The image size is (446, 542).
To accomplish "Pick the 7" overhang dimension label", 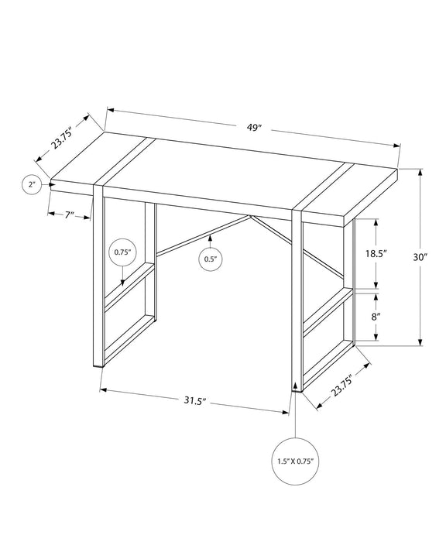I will tap(68, 215).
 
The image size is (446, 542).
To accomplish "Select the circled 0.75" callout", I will tap(122, 252).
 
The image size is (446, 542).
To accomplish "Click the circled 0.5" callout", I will tap(210, 259).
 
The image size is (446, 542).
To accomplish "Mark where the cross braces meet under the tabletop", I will tap(249, 218).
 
